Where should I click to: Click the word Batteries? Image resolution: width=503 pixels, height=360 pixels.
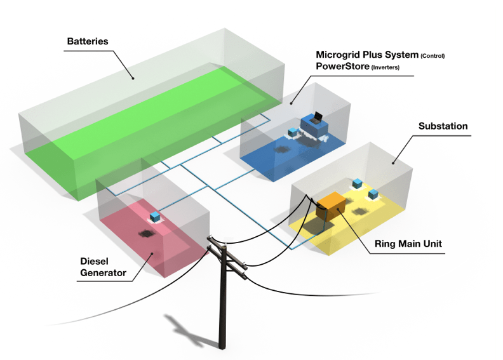pos(88,41)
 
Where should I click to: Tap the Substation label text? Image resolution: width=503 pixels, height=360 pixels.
pos(443,126)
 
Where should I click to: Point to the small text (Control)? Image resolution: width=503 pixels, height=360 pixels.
pos(433,57)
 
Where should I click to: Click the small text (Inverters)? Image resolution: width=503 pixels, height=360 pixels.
pos(386,67)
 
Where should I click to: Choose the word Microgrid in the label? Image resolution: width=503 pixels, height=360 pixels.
pos(340,55)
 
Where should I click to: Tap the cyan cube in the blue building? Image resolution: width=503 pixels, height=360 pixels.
pos(293,132)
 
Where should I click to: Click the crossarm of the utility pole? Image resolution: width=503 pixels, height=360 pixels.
pos(231,257)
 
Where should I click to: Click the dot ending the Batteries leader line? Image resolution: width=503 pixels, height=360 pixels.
pos(133,79)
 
